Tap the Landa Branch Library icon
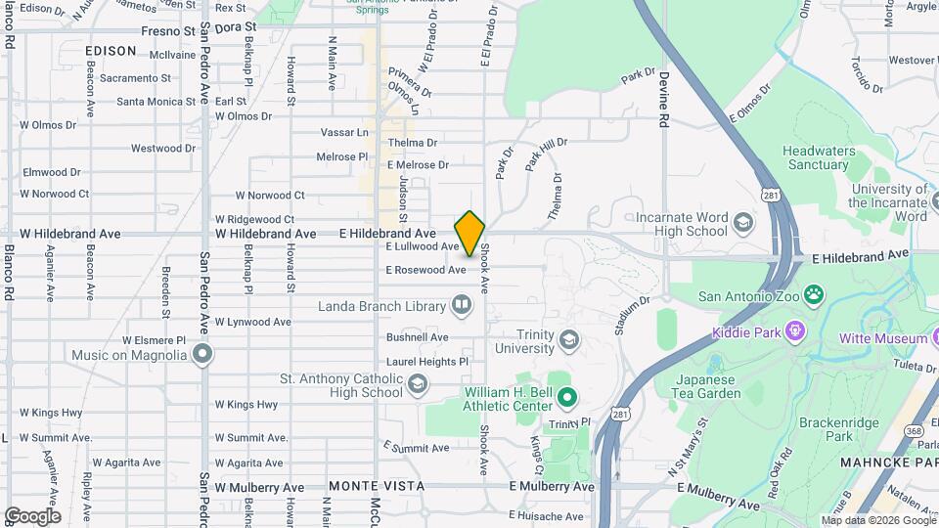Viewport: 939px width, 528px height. [461, 306]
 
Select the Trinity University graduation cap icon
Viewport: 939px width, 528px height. [570, 340]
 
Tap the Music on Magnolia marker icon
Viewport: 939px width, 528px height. [202, 352]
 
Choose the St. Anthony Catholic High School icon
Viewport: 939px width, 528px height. [418, 384]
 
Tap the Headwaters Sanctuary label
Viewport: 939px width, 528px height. [815, 157]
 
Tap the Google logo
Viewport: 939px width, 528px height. [32, 515]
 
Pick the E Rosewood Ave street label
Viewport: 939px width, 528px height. [425, 270]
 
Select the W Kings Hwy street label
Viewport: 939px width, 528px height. [246, 404]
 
